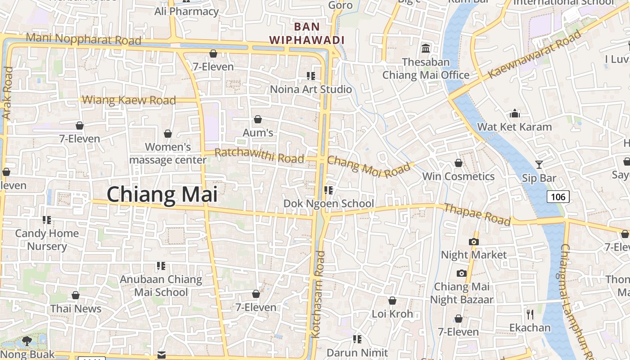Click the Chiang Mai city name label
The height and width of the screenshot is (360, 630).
click(x=162, y=194)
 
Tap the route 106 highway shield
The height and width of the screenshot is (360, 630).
click(x=558, y=197)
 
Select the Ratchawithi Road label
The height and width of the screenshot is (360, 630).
click(x=259, y=156)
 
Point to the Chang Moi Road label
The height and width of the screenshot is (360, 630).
click(x=370, y=166)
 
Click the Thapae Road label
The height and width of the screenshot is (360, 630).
click(x=477, y=214)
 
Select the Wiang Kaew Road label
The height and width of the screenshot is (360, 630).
click(x=129, y=100)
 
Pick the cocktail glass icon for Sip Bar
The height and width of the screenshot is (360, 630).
click(x=539, y=165)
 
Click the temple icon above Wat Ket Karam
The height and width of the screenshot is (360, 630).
click(x=515, y=113)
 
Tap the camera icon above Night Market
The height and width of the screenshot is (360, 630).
click(x=473, y=242)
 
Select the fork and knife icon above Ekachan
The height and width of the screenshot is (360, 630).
click(x=530, y=314)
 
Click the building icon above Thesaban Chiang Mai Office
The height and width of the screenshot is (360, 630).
click(x=425, y=48)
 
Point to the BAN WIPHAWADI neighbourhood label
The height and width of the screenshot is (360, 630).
click(x=307, y=33)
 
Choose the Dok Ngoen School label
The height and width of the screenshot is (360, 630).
click(x=328, y=203)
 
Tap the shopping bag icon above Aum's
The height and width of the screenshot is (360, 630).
click(x=258, y=119)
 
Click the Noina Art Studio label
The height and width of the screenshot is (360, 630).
click(x=310, y=89)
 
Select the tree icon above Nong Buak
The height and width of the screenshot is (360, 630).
click(x=27, y=341)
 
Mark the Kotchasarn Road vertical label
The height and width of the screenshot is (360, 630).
click(x=318, y=295)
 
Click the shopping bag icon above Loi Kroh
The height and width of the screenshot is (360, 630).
click(x=392, y=301)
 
